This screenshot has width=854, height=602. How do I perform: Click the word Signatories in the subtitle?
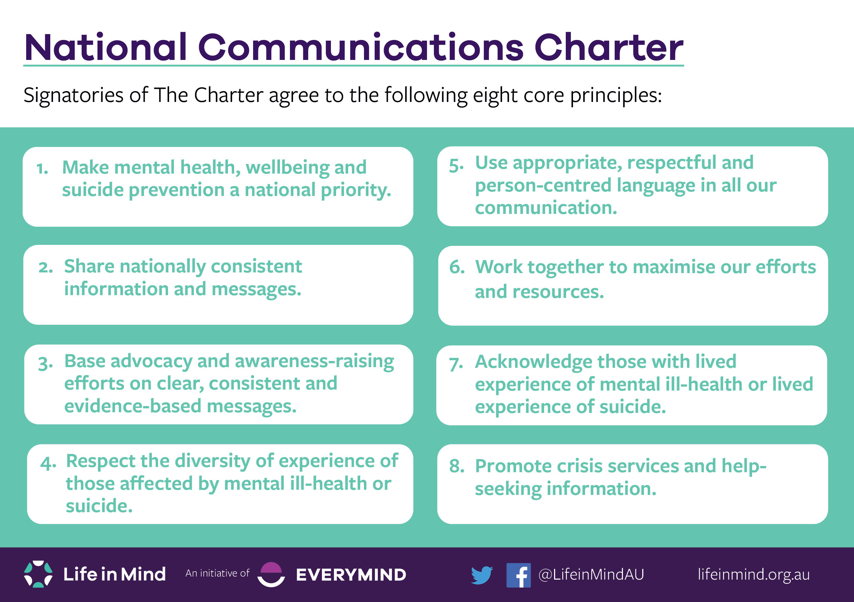tap(73, 95)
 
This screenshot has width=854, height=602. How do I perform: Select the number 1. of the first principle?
tap(42, 168)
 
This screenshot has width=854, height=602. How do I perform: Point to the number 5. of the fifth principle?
tap(456, 166)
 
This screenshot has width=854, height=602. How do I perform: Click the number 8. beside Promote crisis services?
tap(457, 466)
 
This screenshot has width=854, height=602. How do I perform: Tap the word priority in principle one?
tap(356, 190)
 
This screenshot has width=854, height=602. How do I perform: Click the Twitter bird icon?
tap(481, 575)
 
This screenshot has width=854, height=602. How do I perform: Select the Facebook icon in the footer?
tap(518, 575)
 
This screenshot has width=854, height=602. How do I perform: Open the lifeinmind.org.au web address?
tap(753, 574)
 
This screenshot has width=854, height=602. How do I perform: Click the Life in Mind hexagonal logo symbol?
tap(38, 574)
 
